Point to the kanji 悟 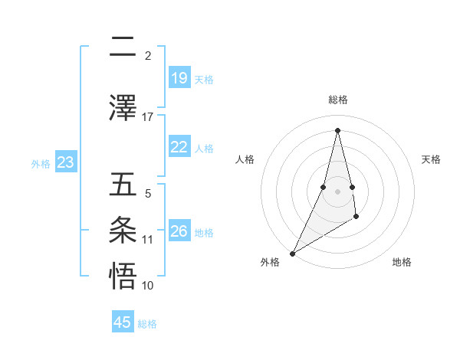[122, 274]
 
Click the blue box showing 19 [179, 78]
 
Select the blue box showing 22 [179, 147]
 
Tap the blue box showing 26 [179, 231]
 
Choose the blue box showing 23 [66, 162]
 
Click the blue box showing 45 [123, 322]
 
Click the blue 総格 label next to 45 [147, 324]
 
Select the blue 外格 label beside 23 [41, 163]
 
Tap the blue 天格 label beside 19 [204, 79]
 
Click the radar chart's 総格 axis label [337, 100]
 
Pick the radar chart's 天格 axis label [431, 159]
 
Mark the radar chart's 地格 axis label [402, 262]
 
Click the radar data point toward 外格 [292, 253]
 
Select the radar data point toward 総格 [337, 129]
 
